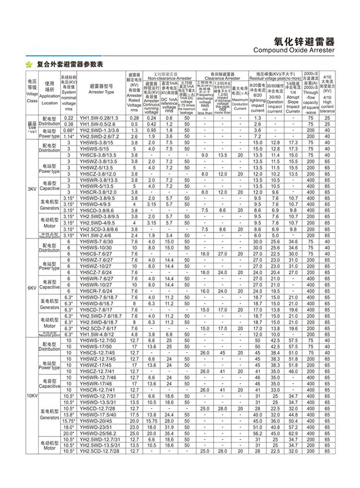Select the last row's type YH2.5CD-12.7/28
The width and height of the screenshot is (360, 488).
click(99, 451)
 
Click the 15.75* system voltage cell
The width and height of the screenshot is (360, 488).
click(68, 420)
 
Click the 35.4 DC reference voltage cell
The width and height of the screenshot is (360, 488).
click(169, 433)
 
